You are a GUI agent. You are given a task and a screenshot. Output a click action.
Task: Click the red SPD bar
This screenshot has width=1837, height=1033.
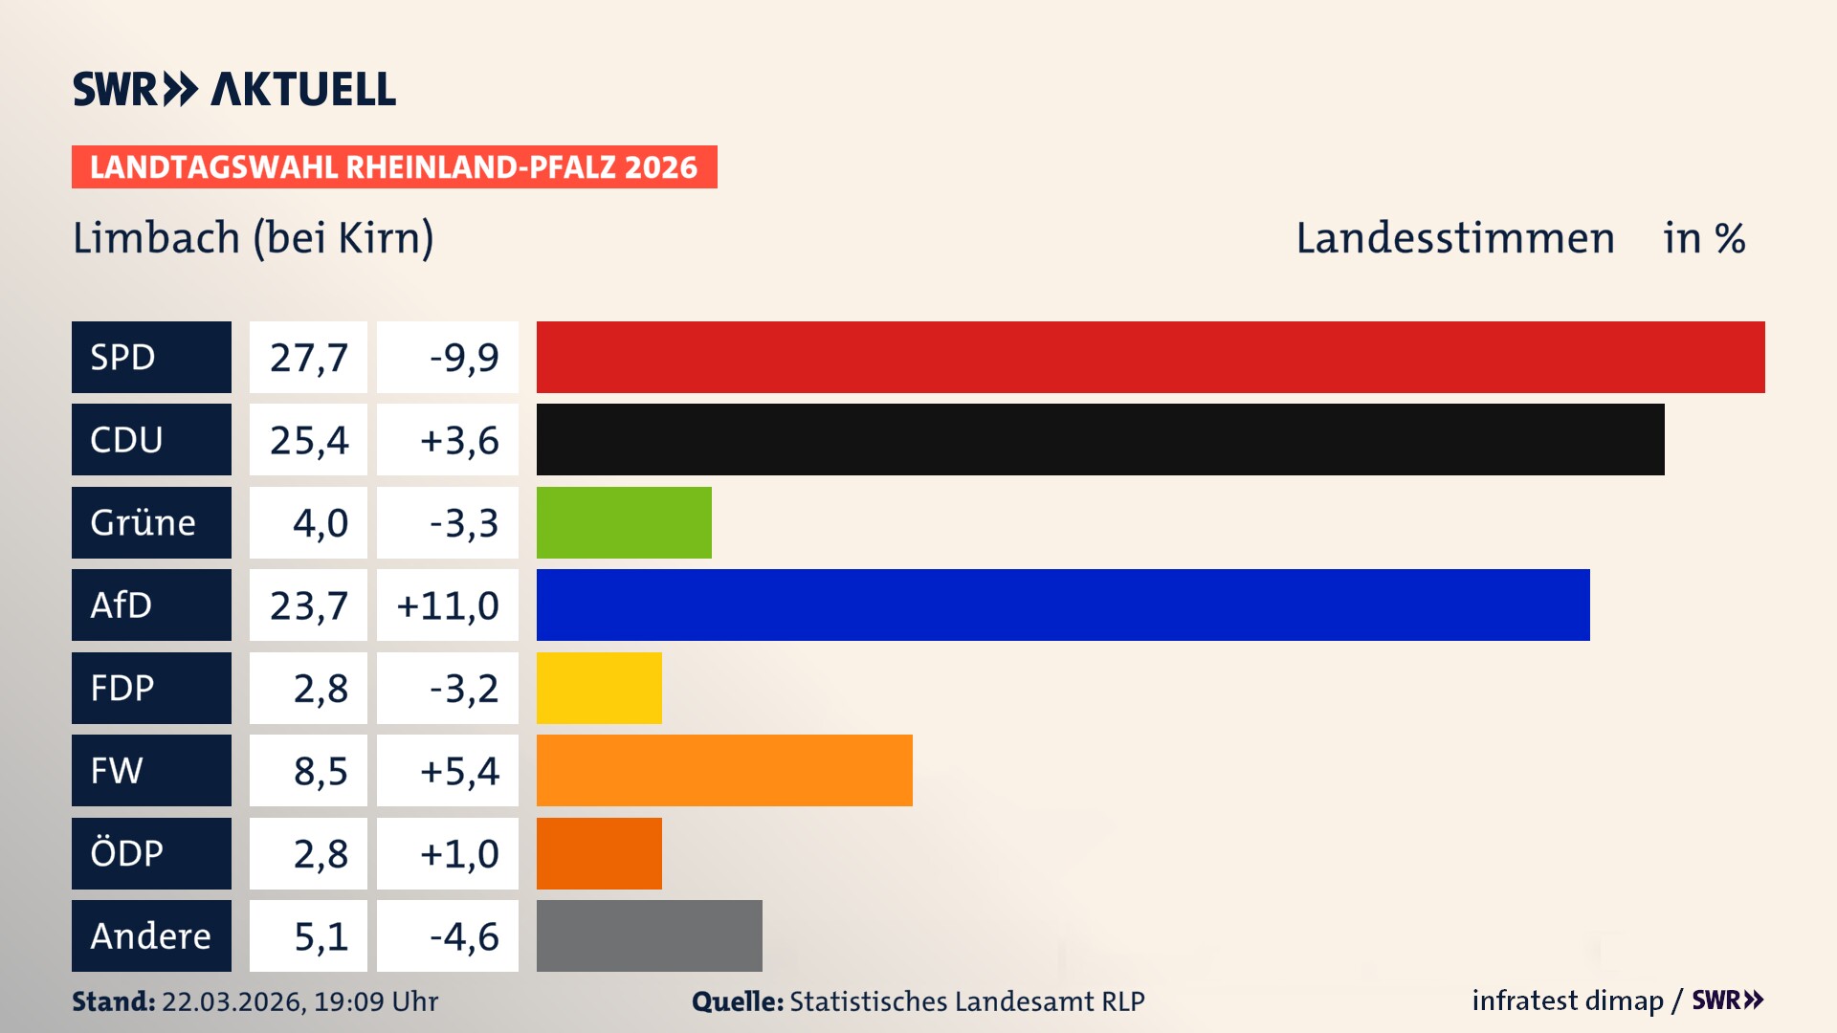point(1150,357)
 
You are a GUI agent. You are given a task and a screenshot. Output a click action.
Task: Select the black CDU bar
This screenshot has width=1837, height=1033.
point(1100,439)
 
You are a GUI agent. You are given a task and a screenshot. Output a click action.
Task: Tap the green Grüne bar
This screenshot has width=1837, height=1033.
point(624,522)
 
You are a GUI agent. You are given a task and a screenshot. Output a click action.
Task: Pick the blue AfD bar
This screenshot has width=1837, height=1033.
point(1063,604)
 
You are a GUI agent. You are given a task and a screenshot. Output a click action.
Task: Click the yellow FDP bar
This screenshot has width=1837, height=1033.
point(599,688)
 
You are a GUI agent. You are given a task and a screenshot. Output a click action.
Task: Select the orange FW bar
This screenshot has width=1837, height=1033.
point(724,770)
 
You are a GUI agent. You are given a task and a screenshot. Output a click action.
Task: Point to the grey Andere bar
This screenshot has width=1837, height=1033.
point(649,935)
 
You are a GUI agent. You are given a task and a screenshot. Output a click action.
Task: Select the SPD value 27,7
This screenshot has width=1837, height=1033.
point(308,357)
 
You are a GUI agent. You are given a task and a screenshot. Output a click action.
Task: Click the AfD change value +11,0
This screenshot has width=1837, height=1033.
point(448,604)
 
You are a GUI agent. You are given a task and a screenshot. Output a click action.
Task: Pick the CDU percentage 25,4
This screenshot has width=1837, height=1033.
point(308,439)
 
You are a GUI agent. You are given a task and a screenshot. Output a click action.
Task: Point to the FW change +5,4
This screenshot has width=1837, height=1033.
point(459,770)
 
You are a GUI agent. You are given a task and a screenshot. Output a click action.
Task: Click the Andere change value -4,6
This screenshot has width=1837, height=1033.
point(463,935)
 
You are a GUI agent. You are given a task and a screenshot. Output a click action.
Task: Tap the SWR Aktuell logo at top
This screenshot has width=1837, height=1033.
point(234,89)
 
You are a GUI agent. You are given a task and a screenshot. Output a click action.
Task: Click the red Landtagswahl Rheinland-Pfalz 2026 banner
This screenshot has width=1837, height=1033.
point(394,166)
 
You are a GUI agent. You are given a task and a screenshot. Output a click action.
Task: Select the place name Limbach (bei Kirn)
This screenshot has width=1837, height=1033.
point(254,237)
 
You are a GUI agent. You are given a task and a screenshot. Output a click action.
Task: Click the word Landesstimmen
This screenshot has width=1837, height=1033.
point(1454,237)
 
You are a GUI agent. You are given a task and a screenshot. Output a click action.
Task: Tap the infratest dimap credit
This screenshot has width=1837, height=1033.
point(1567,1000)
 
